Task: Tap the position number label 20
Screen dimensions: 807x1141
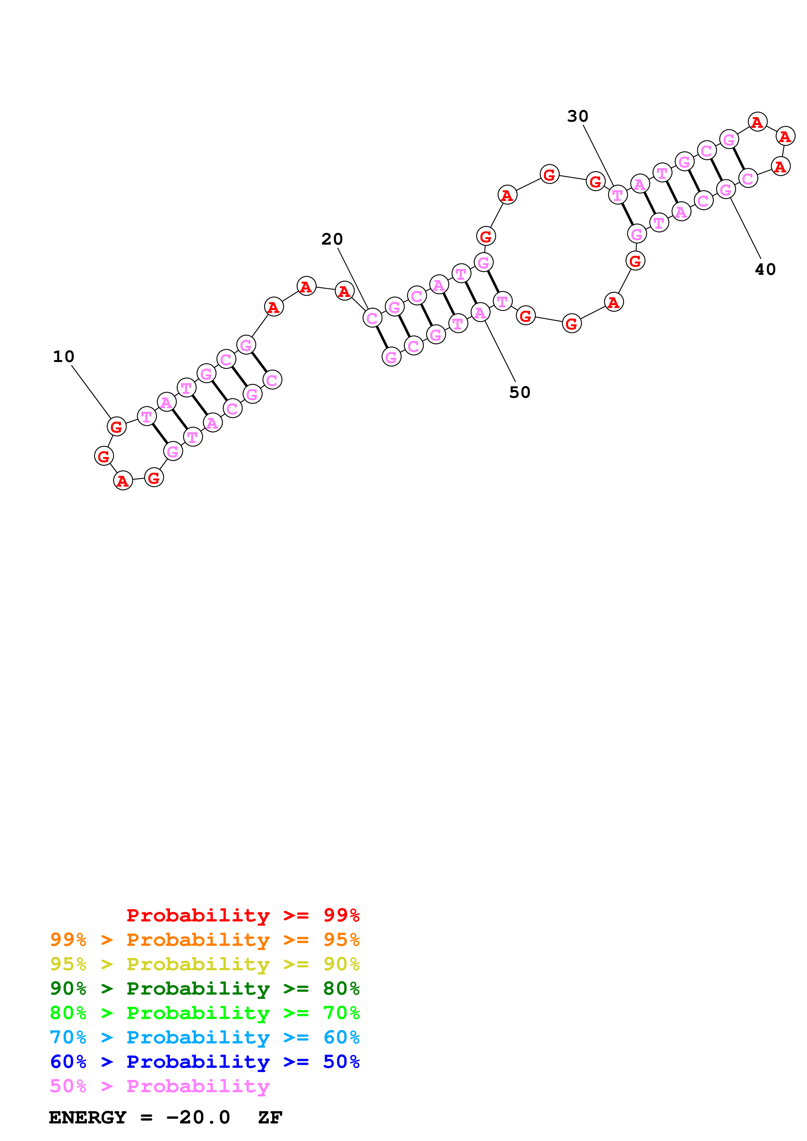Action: pyautogui.click(x=332, y=239)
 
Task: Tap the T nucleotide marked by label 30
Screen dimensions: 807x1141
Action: pyautogui.click(x=618, y=195)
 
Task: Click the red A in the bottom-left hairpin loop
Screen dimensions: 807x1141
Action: pyautogui.click(x=123, y=480)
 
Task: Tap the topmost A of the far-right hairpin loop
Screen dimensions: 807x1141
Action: pyautogui.click(x=757, y=122)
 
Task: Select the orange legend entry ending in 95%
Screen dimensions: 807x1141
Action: pyautogui.click(x=204, y=940)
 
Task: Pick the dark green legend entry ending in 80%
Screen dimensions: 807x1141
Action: pyautogui.click(x=204, y=988)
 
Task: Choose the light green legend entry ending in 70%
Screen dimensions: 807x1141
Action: pyautogui.click(x=204, y=1013)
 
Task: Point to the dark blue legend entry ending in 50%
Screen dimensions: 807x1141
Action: pyautogui.click(x=204, y=1062)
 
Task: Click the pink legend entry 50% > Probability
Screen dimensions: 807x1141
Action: pyautogui.click(x=159, y=1086)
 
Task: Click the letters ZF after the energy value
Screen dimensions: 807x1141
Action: pyautogui.click(x=270, y=1117)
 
